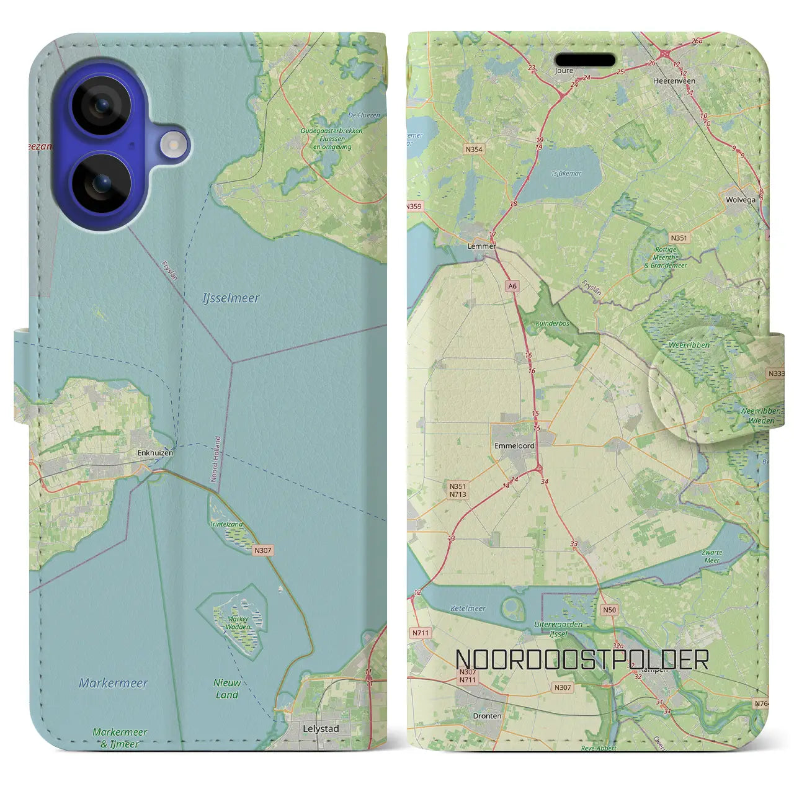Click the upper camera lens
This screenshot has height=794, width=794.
(101, 105)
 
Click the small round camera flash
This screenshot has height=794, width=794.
(173, 145)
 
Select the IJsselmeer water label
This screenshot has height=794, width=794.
(231, 298)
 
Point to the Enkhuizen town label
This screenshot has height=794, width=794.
(155, 453)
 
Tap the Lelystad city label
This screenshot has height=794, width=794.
(321, 729)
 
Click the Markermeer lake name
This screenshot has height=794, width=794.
(114, 683)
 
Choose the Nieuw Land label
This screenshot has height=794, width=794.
(227, 689)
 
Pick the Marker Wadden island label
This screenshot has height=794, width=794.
(238, 623)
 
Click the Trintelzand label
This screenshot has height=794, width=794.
(226, 525)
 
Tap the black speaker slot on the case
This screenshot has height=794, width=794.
(585, 60)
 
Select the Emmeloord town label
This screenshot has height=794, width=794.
(514, 446)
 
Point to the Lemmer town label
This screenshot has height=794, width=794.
(481, 246)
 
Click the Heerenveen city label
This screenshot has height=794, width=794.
(674, 81)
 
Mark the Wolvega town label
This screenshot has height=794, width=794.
(741, 200)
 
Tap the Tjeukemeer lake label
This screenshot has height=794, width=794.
(566, 174)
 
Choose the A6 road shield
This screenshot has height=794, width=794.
(512, 287)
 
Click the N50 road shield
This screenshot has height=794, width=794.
(610, 610)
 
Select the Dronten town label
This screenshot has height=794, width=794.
(487, 716)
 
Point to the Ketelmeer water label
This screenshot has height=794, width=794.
(468, 609)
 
